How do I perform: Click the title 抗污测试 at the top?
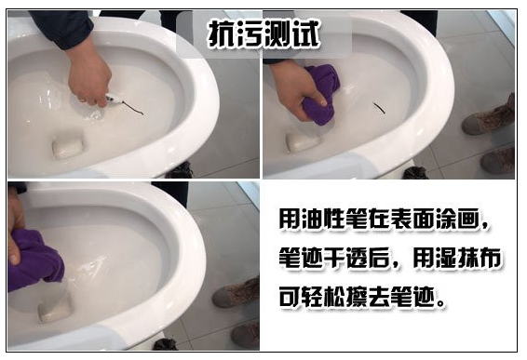(264, 33)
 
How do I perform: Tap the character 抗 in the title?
(222, 33)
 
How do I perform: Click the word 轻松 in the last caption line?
(332, 299)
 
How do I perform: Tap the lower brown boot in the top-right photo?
(497, 161)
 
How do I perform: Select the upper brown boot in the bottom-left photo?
(236, 292)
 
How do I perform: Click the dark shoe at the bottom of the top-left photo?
(178, 170)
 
